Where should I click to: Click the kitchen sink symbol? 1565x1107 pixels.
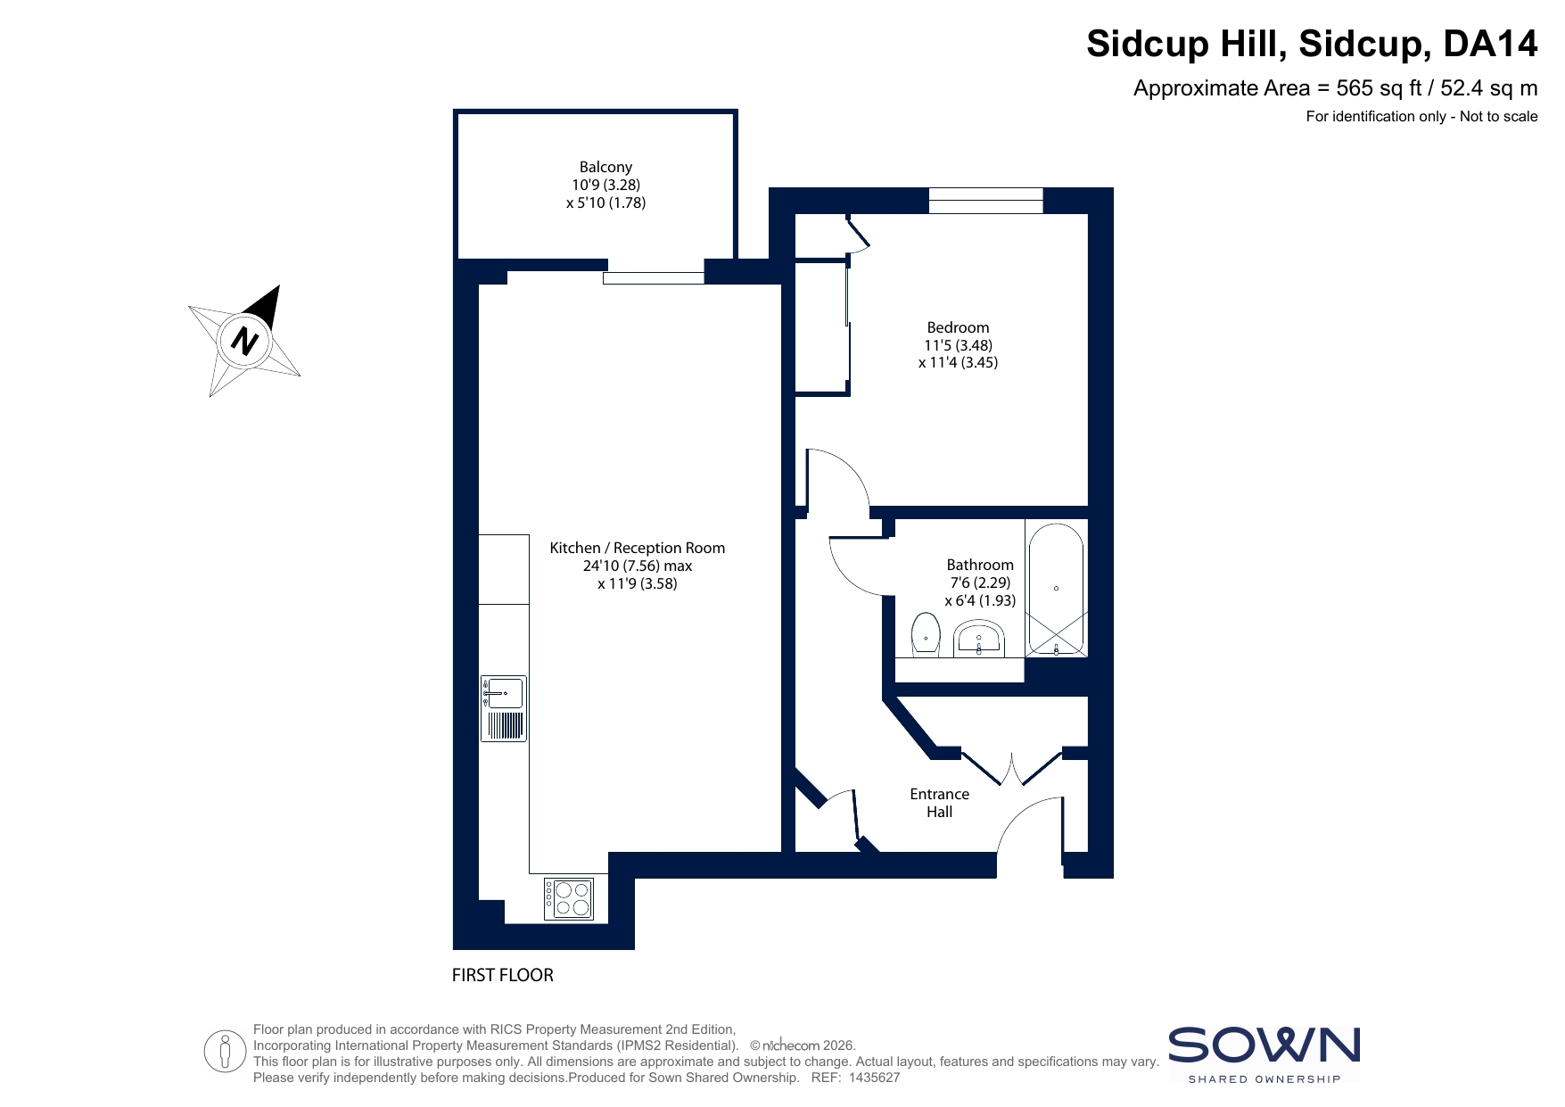[503, 708]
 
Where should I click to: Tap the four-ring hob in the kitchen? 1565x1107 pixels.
[570, 899]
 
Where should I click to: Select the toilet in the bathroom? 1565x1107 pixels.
[927, 634]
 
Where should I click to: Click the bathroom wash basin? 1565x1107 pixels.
[979, 640]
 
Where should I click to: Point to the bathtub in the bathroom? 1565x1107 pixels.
[1056, 590]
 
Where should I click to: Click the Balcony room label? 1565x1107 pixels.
[605, 167]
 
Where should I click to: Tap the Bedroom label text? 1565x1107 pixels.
[958, 327]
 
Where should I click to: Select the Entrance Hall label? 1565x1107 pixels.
[939, 803]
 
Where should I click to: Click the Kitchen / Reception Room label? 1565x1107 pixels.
[638, 549]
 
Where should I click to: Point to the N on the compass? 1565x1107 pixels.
[244, 340]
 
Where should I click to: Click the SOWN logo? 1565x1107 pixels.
[1264, 1054]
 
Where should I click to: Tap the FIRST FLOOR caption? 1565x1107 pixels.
[503, 975]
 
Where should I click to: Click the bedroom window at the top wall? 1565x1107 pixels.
[985, 201]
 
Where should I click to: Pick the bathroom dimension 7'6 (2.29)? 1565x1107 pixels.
[980, 582]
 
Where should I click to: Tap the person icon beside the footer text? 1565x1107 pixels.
[225, 1051]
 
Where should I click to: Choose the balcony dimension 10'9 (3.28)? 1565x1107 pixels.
[606, 185]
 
